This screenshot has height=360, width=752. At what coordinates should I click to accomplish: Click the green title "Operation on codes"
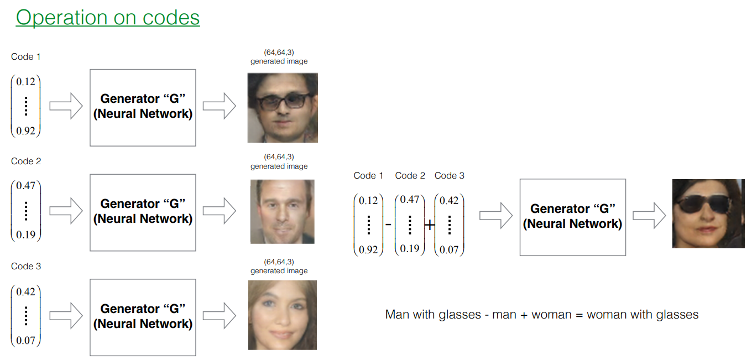click(x=108, y=17)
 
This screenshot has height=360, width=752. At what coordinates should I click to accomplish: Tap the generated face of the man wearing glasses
click(x=283, y=108)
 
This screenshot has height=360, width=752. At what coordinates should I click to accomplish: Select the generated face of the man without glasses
click(x=282, y=211)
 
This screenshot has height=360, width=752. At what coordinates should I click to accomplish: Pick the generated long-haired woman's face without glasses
click(x=282, y=315)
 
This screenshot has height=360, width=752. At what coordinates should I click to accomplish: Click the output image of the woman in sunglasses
click(x=704, y=213)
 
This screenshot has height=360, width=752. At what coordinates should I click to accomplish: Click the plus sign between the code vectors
click(x=429, y=225)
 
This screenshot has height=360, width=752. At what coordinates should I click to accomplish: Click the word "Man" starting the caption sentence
click(x=397, y=315)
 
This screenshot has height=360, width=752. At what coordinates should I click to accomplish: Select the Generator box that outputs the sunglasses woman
click(x=572, y=217)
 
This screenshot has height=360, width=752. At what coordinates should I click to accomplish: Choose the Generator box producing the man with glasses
click(x=143, y=107)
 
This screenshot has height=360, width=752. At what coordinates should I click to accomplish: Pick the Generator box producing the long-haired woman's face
click(x=143, y=317)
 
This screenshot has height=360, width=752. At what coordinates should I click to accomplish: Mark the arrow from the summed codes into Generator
click(x=496, y=215)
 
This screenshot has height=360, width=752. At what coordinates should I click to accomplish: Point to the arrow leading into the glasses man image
click(x=219, y=106)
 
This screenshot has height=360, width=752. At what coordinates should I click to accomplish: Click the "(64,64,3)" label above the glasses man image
click(x=279, y=52)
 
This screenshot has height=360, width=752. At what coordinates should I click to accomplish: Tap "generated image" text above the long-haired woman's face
click(x=279, y=271)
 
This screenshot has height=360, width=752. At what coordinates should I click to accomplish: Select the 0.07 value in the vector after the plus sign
click(x=449, y=249)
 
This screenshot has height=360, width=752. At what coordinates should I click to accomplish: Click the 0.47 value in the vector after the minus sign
click(x=409, y=200)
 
